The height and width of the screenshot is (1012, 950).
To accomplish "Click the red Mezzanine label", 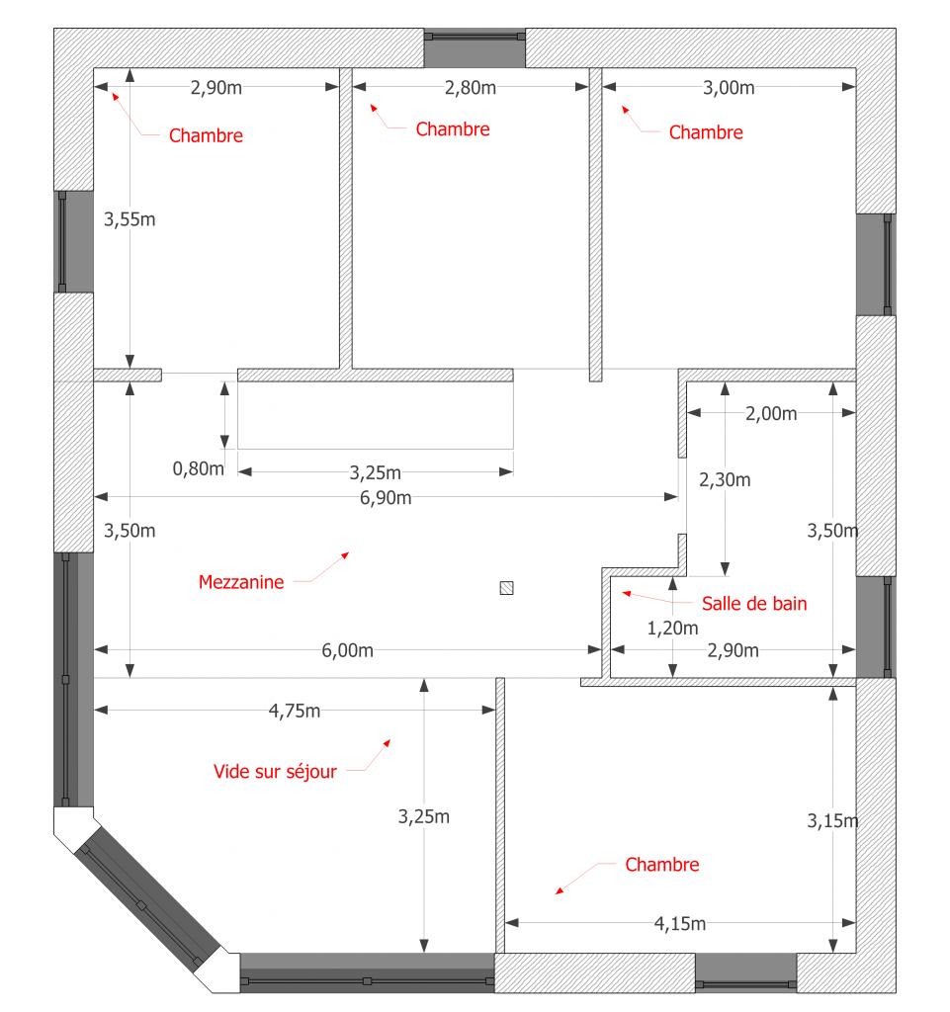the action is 241,582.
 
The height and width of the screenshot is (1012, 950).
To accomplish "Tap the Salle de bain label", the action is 754,604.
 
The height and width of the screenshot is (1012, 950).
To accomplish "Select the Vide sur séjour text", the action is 275,771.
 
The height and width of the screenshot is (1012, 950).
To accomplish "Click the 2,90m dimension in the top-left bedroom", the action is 216,88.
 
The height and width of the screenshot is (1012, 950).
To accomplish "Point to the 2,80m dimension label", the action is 471,88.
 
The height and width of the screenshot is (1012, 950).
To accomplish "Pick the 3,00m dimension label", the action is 729,88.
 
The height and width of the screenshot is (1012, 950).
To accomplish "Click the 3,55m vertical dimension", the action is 130,219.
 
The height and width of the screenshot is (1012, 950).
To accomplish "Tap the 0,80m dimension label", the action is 198,468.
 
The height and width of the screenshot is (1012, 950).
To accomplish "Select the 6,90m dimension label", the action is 386,498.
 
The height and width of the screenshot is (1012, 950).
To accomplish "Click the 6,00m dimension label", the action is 347,650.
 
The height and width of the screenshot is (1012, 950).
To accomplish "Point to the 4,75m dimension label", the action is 295,711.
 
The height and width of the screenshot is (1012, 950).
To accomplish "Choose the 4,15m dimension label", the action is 679,924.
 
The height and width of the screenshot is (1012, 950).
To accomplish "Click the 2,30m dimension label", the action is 725,479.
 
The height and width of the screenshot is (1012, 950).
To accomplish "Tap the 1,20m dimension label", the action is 672,628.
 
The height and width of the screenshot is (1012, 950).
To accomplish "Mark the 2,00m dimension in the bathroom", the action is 771,413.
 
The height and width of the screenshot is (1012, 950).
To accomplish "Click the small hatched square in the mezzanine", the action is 506,588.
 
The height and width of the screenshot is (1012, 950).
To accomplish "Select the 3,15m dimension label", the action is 832,821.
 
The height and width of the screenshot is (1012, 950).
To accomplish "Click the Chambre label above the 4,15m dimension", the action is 662,865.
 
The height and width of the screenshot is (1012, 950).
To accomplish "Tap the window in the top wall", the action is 475,47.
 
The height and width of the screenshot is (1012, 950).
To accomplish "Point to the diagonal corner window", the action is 148,895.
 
